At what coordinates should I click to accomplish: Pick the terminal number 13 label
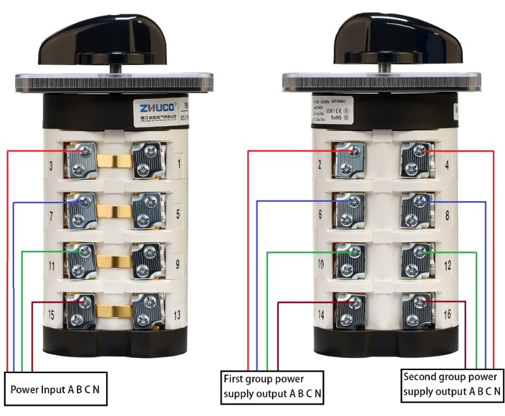(x=177, y=314)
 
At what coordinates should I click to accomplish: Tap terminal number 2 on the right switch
(x=320, y=166)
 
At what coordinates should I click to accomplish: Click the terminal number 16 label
(x=448, y=313)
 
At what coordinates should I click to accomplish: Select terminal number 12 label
(x=448, y=265)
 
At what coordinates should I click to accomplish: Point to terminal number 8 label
(x=448, y=215)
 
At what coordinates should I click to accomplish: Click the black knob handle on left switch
(x=115, y=40)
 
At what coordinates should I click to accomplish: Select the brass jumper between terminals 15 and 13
(x=113, y=309)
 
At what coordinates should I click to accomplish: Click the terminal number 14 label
(x=320, y=313)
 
